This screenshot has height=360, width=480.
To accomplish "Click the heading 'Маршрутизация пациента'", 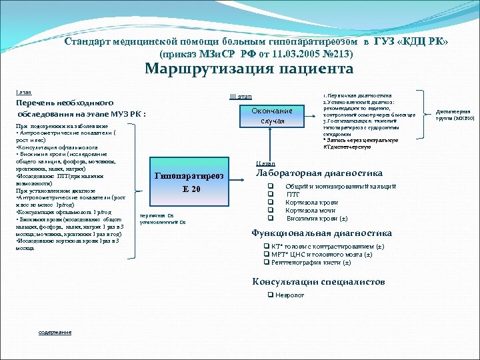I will (249, 69).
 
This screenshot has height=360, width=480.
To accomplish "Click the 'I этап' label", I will (23, 91).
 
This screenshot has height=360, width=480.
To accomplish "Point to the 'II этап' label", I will (265, 163).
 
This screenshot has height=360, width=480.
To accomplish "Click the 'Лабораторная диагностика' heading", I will (319, 173).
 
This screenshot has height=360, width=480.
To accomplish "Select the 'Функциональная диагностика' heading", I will (321, 233).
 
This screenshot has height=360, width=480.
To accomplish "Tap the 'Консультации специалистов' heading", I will (318, 281).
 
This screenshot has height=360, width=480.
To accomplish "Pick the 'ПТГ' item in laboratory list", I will (293, 194).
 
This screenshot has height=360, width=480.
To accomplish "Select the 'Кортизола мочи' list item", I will (311, 210).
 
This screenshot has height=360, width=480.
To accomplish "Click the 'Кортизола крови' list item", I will (311, 202).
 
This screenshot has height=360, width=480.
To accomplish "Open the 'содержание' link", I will (55, 332).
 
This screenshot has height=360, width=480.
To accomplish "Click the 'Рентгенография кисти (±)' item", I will (311, 262).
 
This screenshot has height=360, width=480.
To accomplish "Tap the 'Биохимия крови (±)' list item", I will (317, 218).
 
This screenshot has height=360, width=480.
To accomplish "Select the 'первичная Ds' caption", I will (157, 215).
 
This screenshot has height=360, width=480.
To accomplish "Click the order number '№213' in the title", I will (336, 53).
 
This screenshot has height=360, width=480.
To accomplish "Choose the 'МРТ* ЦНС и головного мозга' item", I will (323, 255).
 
